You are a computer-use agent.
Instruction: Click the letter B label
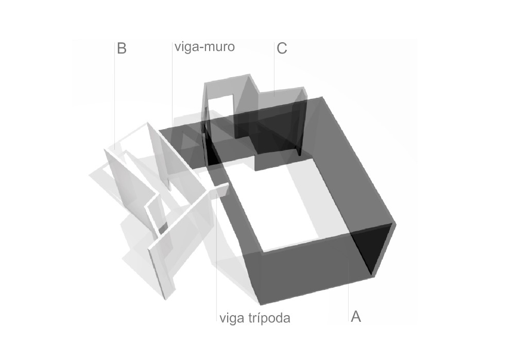click(122, 48)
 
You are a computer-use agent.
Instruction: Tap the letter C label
click(282, 48)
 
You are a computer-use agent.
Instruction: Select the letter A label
click(356, 317)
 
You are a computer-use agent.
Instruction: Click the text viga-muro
click(204, 47)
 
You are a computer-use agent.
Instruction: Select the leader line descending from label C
click(274, 69)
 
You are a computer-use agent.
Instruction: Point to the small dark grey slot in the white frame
click(163, 226)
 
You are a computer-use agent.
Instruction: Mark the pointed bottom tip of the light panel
click(166, 299)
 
